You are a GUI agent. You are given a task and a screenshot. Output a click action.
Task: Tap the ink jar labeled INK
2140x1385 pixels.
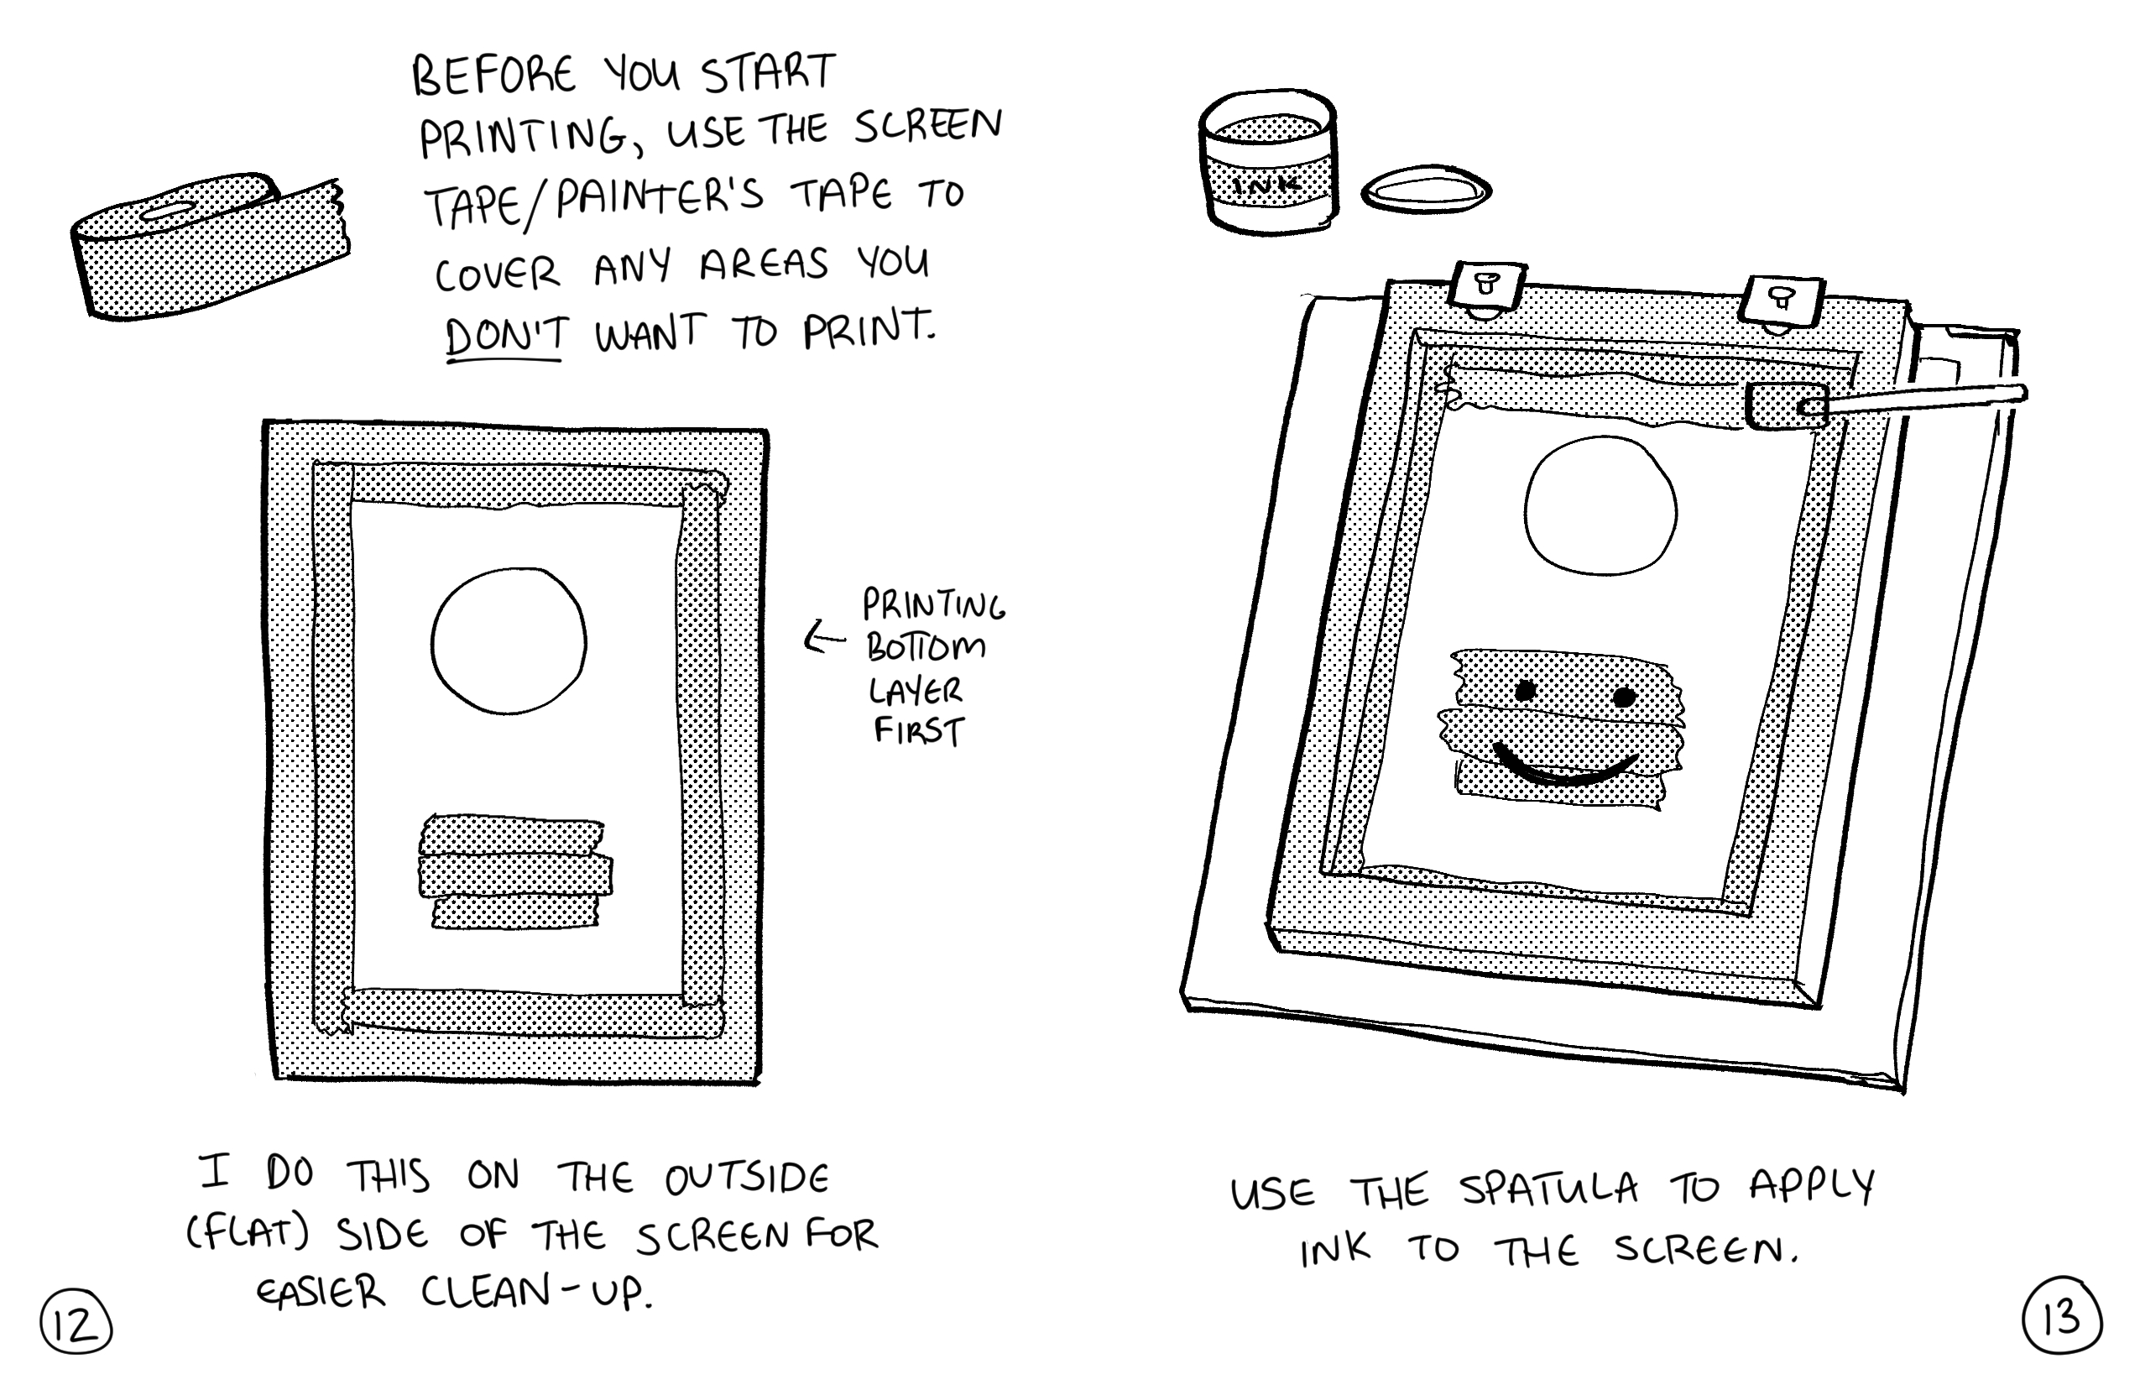click(1268, 162)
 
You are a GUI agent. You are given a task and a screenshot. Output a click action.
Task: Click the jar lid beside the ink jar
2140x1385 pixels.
click(1426, 190)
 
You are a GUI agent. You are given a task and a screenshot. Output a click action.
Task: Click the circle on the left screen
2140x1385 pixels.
click(508, 640)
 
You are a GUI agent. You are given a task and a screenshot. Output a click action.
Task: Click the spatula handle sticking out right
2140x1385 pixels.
click(1924, 400)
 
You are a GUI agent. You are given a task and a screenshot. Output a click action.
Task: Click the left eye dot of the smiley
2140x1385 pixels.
click(1526, 692)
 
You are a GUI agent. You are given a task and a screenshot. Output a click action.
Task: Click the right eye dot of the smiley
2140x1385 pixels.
click(1624, 697)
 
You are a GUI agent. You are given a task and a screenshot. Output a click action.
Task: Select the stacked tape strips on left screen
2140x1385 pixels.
click(515, 871)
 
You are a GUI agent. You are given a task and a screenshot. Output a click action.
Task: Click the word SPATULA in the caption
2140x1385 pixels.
click(1548, 1189)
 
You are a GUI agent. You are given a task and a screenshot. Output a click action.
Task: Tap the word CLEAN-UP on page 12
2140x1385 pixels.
click(537, 1293)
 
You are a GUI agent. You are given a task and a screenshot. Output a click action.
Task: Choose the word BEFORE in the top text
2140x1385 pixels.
click(493, 76)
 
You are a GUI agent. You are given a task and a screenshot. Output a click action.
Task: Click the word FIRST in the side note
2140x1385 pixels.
click(919, 730)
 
